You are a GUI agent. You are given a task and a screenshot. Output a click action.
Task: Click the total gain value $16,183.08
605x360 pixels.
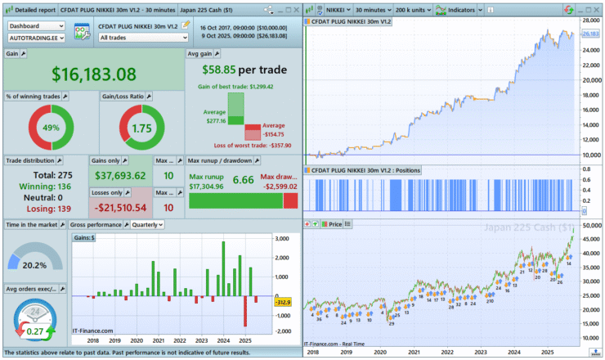[x=94, y=73]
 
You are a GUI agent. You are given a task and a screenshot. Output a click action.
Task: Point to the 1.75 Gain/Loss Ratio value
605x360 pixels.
[x=142, y=128]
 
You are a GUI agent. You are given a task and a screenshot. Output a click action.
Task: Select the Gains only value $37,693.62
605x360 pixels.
[x=119, y=175]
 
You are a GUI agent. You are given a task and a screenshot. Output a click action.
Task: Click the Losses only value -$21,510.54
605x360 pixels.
[x=119, y=207]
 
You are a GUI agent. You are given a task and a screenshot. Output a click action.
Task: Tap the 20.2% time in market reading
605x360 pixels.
[x=35, y=264]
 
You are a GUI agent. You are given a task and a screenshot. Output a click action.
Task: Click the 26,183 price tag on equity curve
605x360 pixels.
[x=589, y=34]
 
